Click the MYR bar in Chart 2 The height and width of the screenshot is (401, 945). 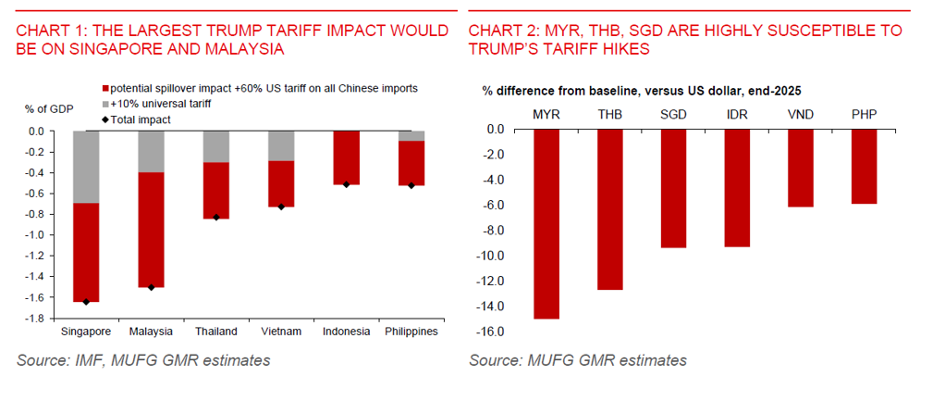point(546,223)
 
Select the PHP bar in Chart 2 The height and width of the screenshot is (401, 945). point(865,166)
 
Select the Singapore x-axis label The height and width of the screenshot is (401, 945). point(86,332)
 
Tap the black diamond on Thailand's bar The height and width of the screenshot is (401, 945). point(216,218)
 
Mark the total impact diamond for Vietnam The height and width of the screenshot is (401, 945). point(282,206)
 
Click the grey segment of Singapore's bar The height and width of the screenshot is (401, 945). point(86,167)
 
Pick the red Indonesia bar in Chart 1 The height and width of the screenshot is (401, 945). point(347,157)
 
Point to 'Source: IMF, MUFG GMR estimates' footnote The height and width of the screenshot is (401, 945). point(143,360)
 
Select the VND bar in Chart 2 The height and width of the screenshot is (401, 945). point(801,168)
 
